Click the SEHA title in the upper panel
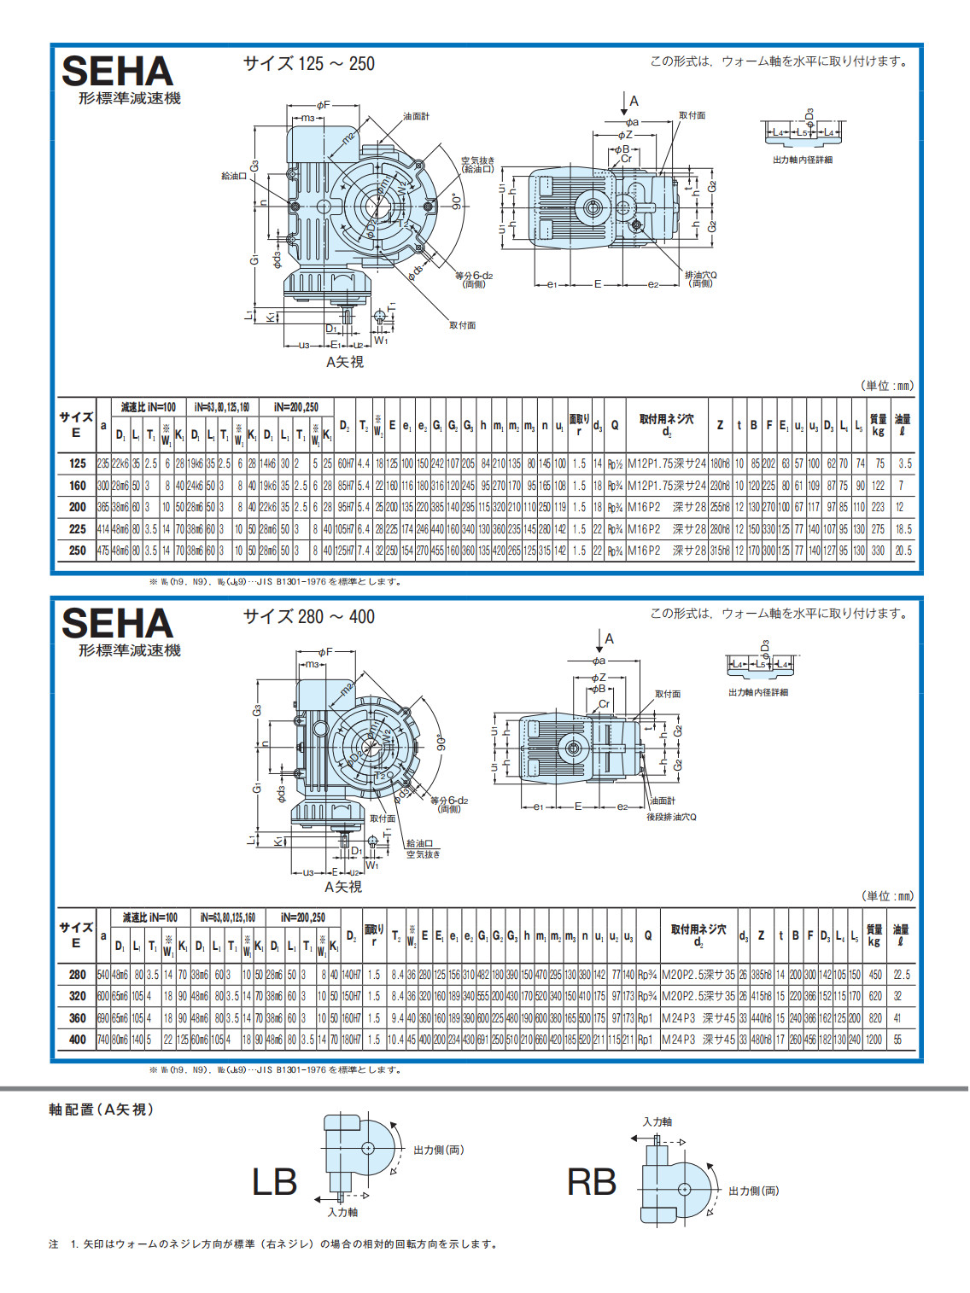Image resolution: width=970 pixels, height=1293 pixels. [117, 72]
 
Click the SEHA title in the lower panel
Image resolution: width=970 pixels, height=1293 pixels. [117, 624]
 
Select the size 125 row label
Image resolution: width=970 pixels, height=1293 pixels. [78, 463]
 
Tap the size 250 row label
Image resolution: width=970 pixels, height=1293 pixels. [78, 550]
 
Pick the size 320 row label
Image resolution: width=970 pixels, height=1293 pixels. [78, 996]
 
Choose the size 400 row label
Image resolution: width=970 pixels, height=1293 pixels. [78, 1040]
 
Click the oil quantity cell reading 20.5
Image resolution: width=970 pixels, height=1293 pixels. [903, 550]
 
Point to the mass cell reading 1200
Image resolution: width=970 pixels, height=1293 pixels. [874, 1040]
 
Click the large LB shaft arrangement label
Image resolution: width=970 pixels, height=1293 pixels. [274, 1182]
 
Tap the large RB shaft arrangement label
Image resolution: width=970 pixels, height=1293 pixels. [591, 1182]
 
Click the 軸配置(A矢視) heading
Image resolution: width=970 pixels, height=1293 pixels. [101, 1110]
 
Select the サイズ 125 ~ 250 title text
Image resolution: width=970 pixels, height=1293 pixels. [308, 64]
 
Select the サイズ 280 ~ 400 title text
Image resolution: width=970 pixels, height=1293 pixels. [308, 616]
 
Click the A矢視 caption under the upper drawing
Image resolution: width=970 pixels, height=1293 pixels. [345, 362]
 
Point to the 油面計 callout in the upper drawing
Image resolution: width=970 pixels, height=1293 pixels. [417, 116]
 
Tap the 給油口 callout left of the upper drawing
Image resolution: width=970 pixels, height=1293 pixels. [234, 176]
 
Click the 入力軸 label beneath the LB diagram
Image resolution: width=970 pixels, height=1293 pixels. [342, 1212]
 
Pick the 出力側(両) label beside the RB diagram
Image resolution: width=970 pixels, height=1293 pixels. [753, 1191]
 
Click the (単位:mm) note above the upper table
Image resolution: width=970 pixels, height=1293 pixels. [886, 386]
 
